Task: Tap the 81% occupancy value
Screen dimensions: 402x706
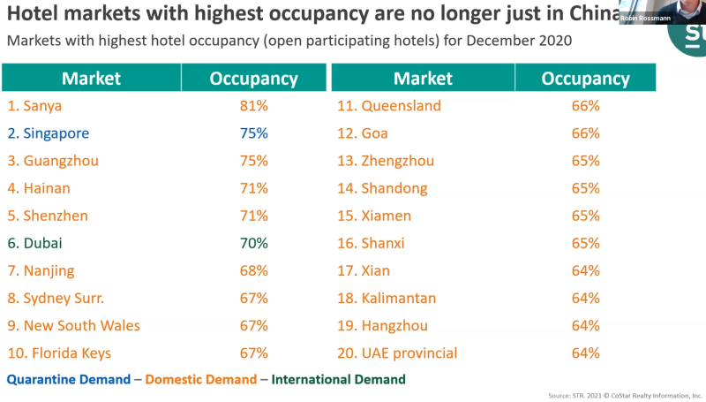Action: coord(253,106)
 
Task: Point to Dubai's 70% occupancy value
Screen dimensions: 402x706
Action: coord(253,243)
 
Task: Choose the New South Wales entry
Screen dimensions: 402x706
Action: coord(73,325)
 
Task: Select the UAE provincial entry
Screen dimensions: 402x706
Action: coord(398,353)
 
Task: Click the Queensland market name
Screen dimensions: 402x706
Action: coord(389,106)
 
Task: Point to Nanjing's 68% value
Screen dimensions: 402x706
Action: coord(253,270)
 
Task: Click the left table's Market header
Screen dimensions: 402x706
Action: coord(91,78)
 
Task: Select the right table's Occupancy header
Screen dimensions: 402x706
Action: coord(585,78)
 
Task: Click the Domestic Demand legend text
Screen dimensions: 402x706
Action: coord(201,379)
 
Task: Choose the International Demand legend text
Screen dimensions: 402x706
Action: coord(338,379)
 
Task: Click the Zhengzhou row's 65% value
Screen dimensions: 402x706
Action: coord(585,161)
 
